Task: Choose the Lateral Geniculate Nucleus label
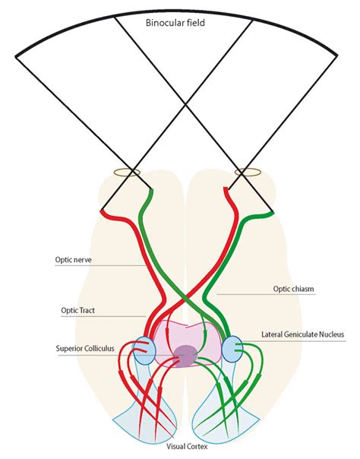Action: (302, 334)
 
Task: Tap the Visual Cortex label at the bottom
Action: (186, 448)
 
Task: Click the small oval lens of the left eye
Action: (128, 173)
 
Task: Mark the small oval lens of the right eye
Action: (248, 173)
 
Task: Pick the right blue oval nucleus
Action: (232, 350)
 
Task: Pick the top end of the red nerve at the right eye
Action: (226, 191)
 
